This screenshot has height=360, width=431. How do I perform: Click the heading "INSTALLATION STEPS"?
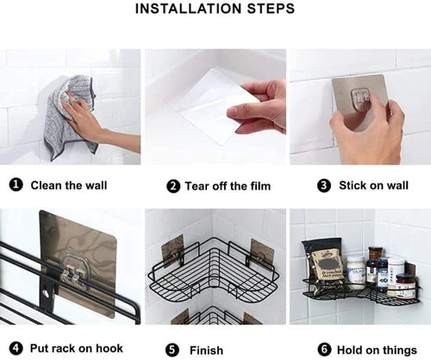click(215, 9)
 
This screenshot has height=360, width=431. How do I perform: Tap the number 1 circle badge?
click(16, 185)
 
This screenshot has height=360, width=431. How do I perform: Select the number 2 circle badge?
click(173, 186)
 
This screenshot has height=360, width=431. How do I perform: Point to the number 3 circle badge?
click(324, 185)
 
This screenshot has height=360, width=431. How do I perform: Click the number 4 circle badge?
click(16, 350)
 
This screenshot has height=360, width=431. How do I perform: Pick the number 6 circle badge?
click(324, 350)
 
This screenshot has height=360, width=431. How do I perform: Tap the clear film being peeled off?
click(207, 108)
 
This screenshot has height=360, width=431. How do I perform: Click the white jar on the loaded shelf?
click(355, 272)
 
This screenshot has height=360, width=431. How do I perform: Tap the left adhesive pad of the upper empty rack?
click(172, 250)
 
